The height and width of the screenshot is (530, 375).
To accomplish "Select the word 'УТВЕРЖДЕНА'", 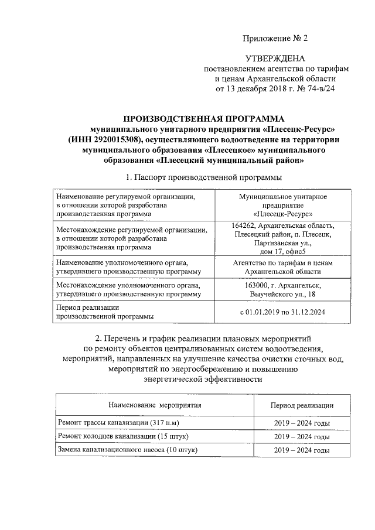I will click(x=275, y=59).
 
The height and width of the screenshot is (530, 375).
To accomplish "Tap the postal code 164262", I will click(x=244, y=226).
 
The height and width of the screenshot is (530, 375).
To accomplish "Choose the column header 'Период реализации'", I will click(x=302, y=405).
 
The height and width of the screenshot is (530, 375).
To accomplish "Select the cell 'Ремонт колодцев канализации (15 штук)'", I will click(x=122, y=437).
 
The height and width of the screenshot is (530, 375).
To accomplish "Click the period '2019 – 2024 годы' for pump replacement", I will click(x=302, y=450).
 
